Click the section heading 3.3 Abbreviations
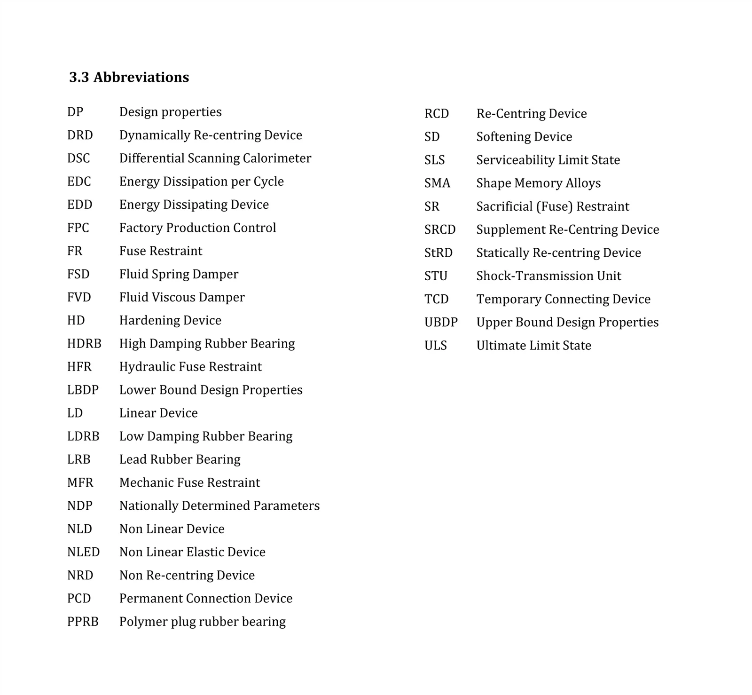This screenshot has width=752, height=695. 129,77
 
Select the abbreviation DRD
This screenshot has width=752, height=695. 80,135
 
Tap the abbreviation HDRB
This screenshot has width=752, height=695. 84,344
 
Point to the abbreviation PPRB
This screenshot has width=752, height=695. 83,622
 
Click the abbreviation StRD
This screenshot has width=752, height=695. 438,253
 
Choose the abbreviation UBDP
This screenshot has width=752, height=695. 441,323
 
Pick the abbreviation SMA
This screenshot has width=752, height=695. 437,183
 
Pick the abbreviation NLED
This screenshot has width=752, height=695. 83,552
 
